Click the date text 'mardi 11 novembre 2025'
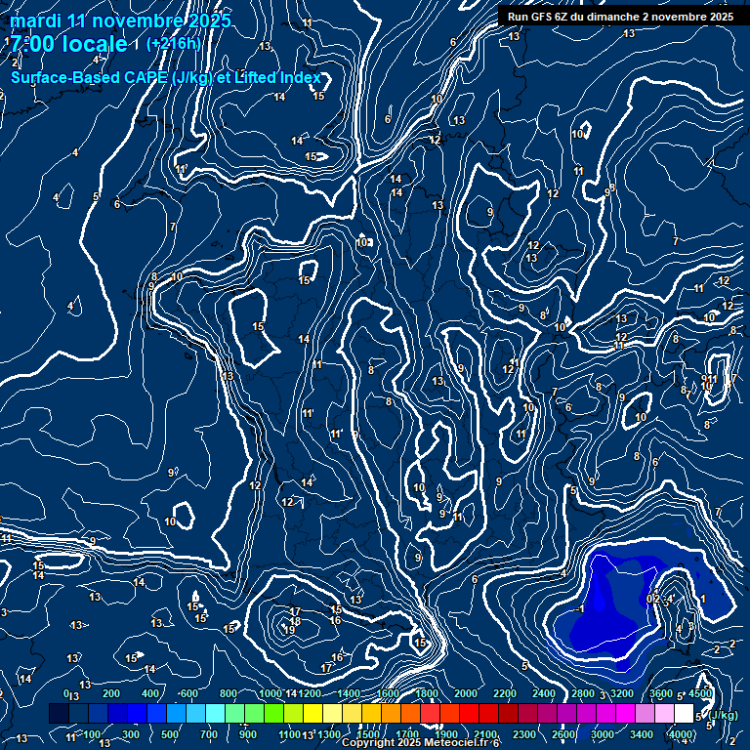(x=121, y=21)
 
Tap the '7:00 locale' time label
(x=68, y=44)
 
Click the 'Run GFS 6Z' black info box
(x=617, y=17)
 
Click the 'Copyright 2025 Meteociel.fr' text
(x=418, y=743)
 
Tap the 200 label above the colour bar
(x=110, y=694)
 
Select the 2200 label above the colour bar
(x=505, y=694)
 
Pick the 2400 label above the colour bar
(x=544, y=694)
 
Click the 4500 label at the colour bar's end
(x=699, y=694)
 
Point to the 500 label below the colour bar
(x=169, y=734)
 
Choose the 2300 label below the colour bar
(x=524, y=734)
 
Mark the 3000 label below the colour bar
(x=603, y=734)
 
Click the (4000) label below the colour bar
(x=681, y=734)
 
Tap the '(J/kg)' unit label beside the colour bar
(x=722, y=716)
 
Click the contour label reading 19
(x=289, y=630)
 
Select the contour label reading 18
(x=295, y=621)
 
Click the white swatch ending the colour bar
(x=684, y=715)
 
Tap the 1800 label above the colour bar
(x=427, y=694)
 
